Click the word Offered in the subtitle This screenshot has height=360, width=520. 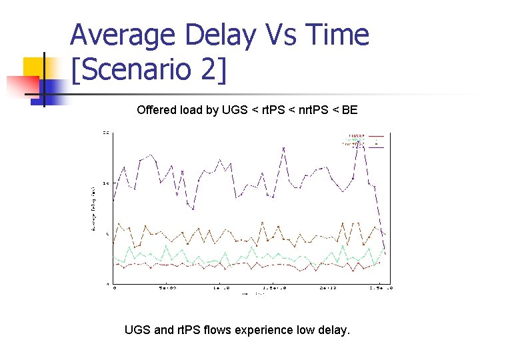tap(155, 110)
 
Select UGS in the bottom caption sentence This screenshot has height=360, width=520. tap(137, 329)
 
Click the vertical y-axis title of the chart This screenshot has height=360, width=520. tap(93, 209)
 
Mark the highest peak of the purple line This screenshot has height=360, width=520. tap(360, 139)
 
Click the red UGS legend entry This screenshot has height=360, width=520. tap(357, 135)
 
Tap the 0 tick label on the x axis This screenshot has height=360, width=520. tap(114, 289)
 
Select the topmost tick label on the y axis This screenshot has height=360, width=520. tap(106, 132)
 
